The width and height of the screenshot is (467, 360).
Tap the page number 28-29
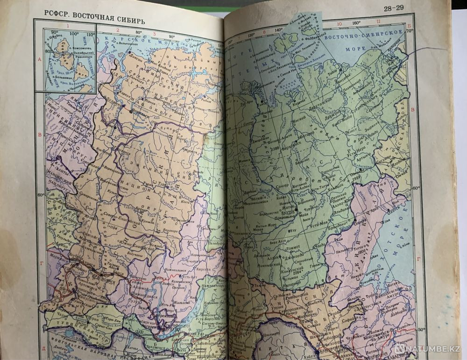click(394, 7)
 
